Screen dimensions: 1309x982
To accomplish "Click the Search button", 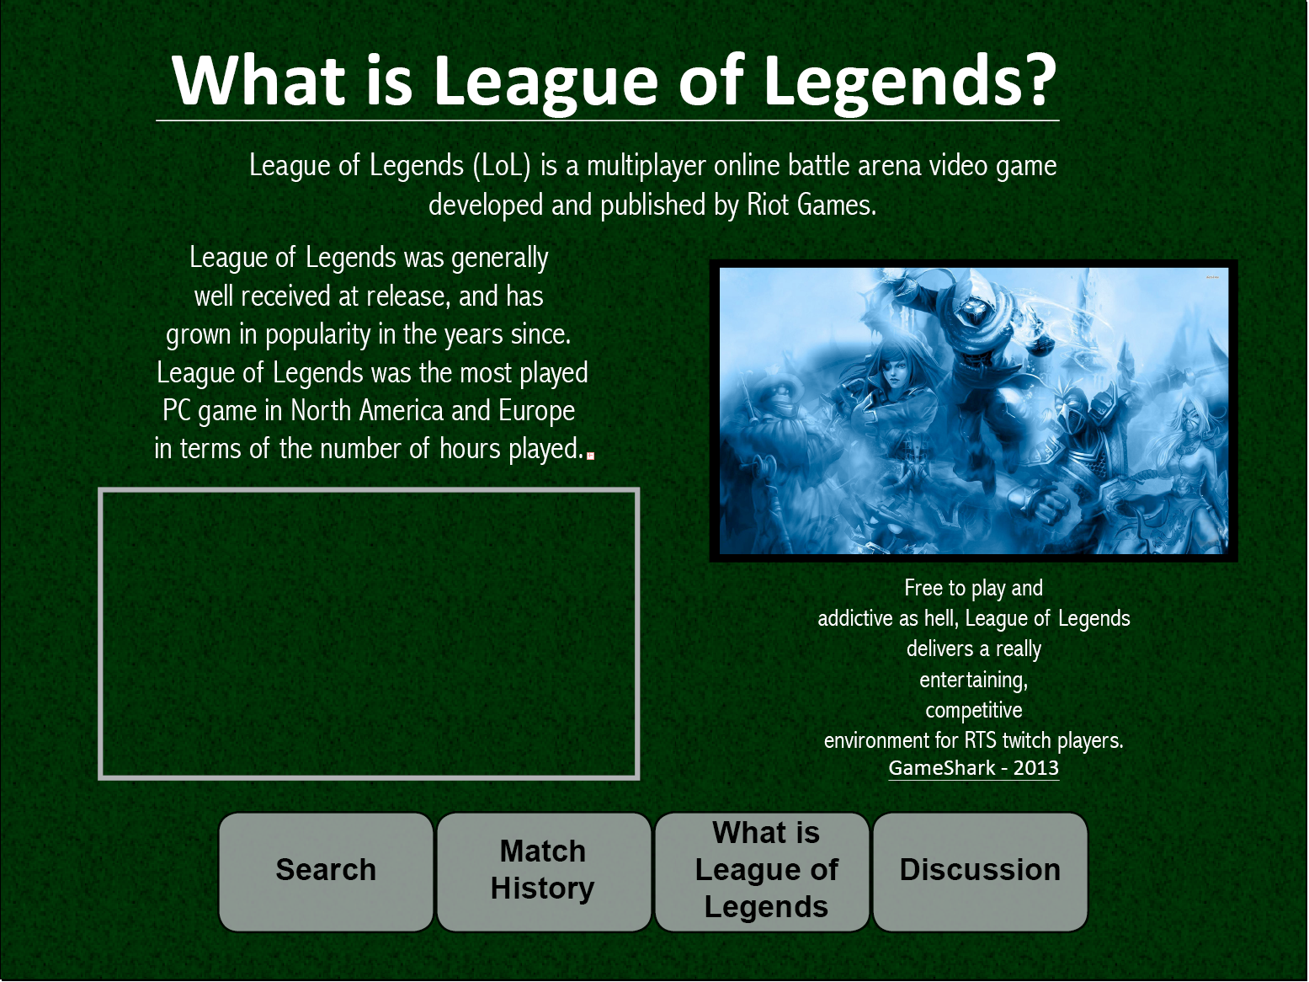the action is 326,872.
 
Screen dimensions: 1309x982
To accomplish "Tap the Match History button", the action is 543,872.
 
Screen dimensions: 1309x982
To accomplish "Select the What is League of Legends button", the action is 762,872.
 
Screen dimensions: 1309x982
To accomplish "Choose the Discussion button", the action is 980,872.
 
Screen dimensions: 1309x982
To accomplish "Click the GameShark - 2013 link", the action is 973,768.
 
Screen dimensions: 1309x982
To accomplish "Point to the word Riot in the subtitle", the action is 768,205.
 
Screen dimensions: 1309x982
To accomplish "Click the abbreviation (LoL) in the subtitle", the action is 502,165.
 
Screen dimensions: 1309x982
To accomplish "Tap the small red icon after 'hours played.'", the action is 590,456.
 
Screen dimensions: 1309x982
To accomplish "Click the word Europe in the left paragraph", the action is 536,411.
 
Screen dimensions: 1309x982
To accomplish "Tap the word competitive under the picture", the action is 973,711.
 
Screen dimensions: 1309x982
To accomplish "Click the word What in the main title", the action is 258,81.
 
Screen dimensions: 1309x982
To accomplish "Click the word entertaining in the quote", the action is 973,680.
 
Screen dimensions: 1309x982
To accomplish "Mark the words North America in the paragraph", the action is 367,411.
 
